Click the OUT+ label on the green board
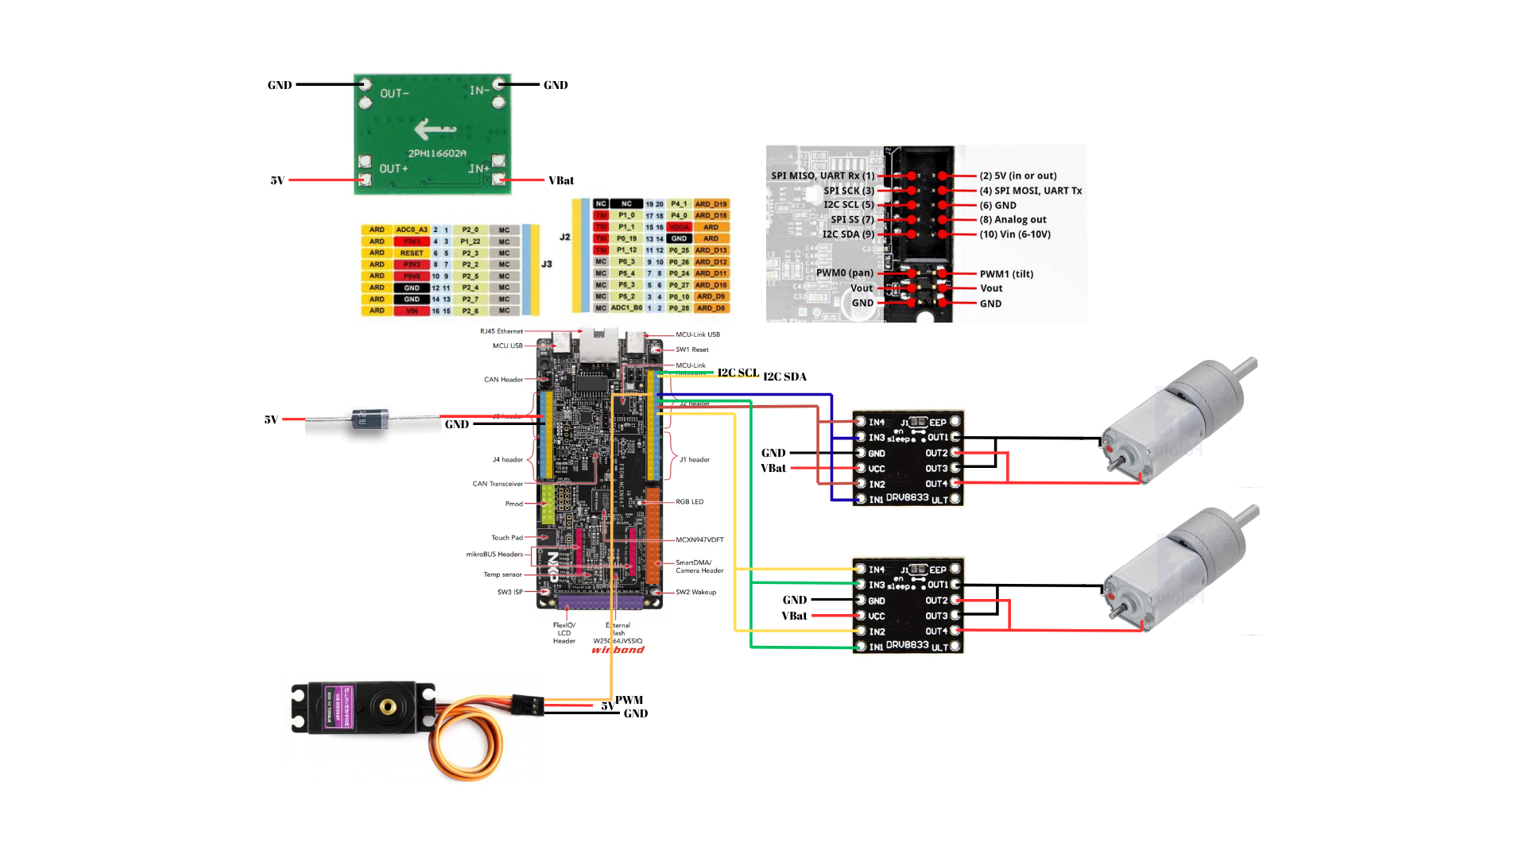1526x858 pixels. click(x=393, y=168)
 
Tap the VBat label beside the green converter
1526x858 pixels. click(x=560, y=180)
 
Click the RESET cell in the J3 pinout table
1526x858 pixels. click(x=412, y=253)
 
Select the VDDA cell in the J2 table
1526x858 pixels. click(x=679, y=227)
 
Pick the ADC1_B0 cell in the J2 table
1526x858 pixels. click(x=626, y=307)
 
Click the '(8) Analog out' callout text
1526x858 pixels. click(x=1013, y=220)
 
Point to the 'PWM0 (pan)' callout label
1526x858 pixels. click(x=844, y=273)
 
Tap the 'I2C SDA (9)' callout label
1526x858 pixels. click(x=847, y=234)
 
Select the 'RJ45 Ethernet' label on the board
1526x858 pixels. click(x=502, y=331)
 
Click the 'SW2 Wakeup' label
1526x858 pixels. click(x=695, y=592)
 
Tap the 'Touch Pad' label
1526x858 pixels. click(x=507, y=538)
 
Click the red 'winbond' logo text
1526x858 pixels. click(x=618, y=650)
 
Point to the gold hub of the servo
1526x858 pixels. click(x=388, y=705)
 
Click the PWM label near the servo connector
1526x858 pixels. click(x=629, y=700)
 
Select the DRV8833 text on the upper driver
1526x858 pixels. click(x=907, y=497)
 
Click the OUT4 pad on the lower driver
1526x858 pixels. click(x=955, y=631)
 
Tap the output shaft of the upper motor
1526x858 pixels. click(x=1119, y=462)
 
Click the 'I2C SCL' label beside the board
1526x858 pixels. click(x=738, y=373)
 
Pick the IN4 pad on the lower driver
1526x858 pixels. click(x=861, y=569)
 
